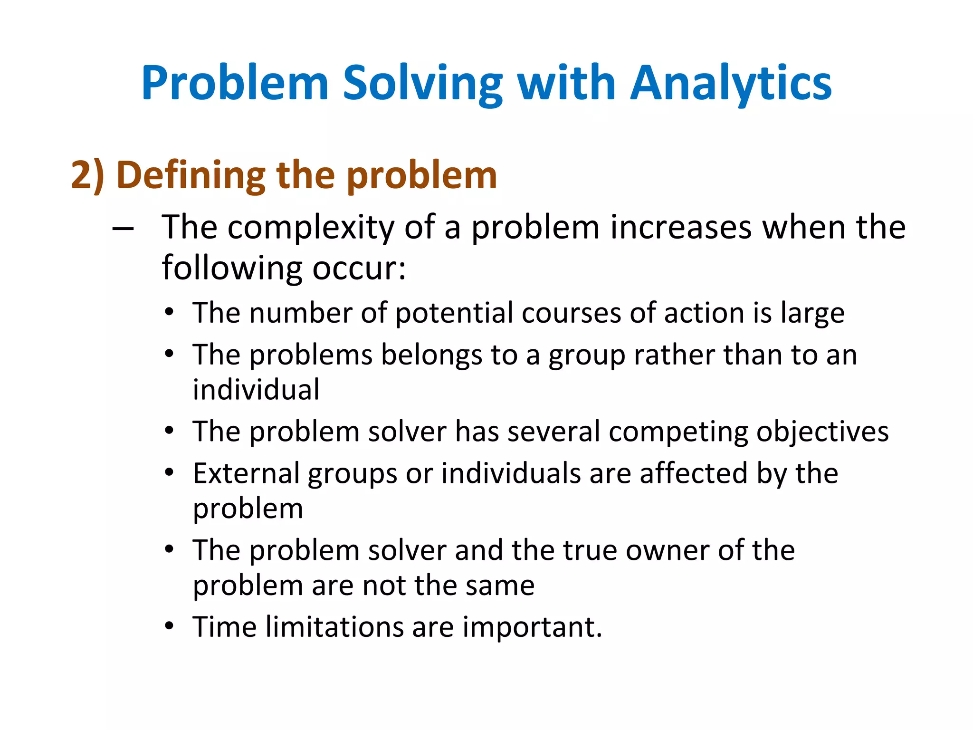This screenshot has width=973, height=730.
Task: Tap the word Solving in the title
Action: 422,83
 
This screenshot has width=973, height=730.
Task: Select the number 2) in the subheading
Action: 88,175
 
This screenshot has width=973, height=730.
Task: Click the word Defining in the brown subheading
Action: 191,175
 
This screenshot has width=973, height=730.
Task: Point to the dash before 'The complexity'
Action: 123,229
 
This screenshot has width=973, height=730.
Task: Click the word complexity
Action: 311,227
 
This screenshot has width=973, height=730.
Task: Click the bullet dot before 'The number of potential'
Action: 169,312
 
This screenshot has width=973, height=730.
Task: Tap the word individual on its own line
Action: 256,390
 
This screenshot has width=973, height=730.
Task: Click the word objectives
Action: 822,432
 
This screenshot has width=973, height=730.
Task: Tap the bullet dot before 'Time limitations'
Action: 169,626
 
